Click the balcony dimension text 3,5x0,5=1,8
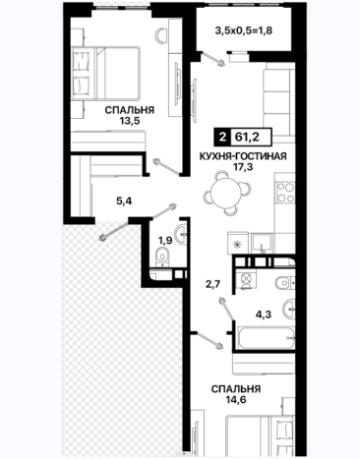244,30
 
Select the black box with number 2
222,137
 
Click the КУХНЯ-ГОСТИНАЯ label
243,156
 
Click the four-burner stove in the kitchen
285,193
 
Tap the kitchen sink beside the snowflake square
262,244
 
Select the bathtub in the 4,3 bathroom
267,338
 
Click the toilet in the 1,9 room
161,258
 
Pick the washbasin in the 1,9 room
181,234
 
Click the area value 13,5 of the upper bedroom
130,121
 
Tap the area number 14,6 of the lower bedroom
236,400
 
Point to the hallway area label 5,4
124,201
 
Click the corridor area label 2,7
212,283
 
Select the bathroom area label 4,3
264,315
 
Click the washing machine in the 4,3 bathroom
246,281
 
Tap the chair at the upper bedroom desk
160,35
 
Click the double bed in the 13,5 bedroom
106,73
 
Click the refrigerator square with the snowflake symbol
237,243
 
